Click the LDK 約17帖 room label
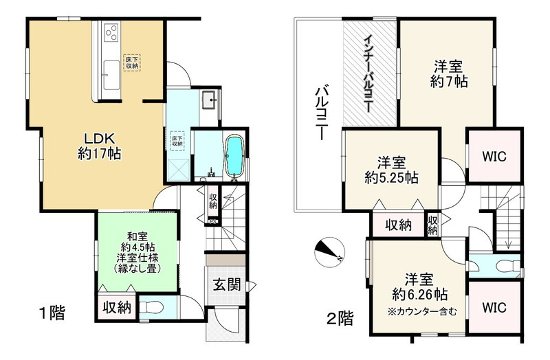tap(100, 146)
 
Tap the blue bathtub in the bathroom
tap(234, 156)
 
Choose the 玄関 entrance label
tap(225, 284)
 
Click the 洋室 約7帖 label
tap(448, 74)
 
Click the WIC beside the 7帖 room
tap(494, 156)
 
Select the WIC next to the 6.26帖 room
tap(494, 307)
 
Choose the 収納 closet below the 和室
tap(116, 307)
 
